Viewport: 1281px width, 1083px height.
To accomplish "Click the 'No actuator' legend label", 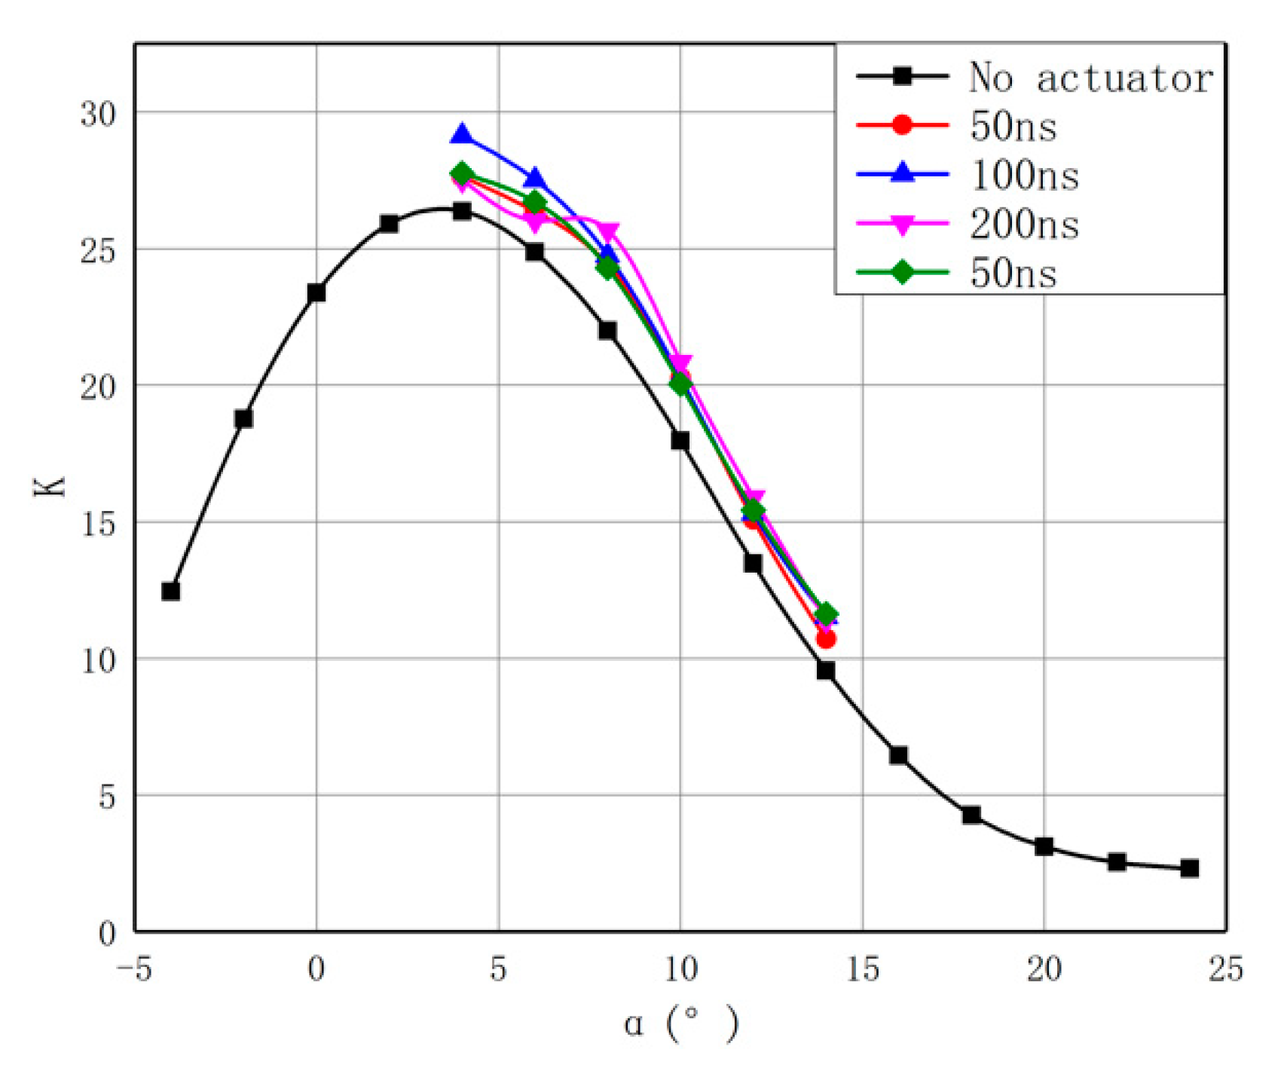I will click(1090, 78).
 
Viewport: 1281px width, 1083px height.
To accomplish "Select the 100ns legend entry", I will click(1024, 176).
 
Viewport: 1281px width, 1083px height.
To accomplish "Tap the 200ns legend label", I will click(1024, 225).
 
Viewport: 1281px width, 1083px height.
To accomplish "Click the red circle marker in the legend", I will click(902, 125).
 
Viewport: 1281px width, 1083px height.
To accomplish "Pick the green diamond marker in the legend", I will click(902, 272).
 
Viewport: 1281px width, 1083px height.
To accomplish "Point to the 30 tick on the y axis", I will click(99, 114).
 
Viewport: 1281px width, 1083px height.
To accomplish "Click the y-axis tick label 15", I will click(99, 523).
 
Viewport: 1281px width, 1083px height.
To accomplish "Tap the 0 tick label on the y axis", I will click(107, 933).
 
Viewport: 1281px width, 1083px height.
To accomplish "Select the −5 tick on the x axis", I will click(135, 969).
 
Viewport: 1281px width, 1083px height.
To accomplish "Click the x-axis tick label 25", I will click(1225, 969).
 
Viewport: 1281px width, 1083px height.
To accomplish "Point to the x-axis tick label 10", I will click(680, 969).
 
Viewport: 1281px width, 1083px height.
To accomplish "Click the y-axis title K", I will click(50, 486).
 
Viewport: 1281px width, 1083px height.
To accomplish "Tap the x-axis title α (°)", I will click(680, 1023).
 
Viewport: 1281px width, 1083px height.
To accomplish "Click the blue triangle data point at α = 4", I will click(462, 136).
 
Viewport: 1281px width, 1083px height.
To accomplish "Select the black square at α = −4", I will click(171, 592).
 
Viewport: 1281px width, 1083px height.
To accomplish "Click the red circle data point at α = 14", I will click(826, 639).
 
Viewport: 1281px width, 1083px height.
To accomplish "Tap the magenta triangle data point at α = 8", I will click(607, 231).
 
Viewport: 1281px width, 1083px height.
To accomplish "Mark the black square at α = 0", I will click(316, 292).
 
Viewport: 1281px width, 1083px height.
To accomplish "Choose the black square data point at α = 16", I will click(898, 755).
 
